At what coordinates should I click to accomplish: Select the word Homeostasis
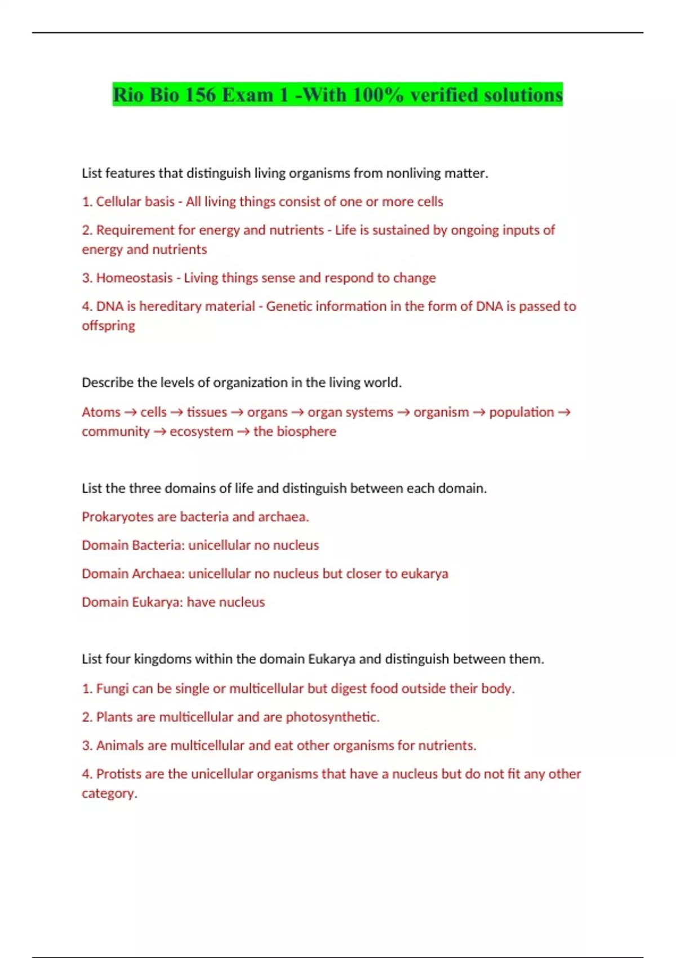[x=134, y=278]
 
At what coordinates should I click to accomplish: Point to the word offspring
[x=108, y=326]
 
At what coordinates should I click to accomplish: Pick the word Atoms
[x=101, y=412]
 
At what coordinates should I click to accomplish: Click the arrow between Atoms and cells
[x=130, y=412]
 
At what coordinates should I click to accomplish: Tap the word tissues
[x=207, y=412]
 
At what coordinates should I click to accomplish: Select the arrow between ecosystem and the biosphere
[x=243, y=432]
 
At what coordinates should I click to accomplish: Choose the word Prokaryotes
[x=117, y=517]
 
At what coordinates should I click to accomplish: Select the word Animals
[x=120, y=746]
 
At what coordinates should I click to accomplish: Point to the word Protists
[x=118, y=774]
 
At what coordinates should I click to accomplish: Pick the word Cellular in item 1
[x=119, y=202]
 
